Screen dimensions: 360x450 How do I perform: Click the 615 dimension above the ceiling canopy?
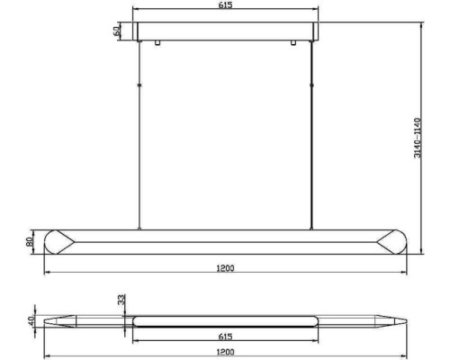[225, 6]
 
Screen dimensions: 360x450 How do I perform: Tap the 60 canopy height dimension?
[117, 31]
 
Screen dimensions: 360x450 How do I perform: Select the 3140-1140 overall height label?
[417, 139]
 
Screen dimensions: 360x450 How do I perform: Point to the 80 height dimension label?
[31, 242]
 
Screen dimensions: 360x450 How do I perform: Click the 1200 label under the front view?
[225, 267]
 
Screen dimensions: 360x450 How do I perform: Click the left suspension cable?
[139, 135]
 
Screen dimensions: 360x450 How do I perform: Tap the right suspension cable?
[311, 135]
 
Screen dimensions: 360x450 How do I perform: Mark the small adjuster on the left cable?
[139, 85]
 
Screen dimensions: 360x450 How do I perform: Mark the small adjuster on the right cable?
[311, 85]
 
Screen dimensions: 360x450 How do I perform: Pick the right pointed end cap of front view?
[391, 242]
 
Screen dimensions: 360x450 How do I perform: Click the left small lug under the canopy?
[157, 42]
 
